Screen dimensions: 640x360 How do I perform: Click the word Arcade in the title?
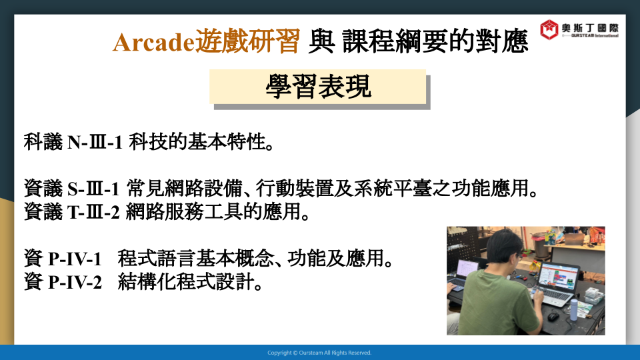pos(153,42)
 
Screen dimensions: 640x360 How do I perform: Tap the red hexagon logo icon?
pos(549,29)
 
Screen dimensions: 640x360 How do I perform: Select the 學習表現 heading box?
pos(318,87)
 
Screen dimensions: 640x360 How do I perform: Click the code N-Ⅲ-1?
pos(95,143)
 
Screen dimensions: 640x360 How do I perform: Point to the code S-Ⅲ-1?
pos(93,189)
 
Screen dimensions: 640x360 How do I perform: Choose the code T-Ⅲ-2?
pos(93,212)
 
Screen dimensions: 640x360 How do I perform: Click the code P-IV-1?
pos(75,259)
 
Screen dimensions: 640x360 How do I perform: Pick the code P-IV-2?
pos(75,282)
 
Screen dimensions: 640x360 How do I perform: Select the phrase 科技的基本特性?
pos(197,143)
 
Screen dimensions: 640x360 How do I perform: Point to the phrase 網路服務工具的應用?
pos(213,212)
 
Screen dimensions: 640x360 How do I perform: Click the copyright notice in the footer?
pos(319,353)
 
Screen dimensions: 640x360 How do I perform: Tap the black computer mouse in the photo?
pos(553,316)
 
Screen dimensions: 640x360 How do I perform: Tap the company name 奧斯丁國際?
pos(590,28)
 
